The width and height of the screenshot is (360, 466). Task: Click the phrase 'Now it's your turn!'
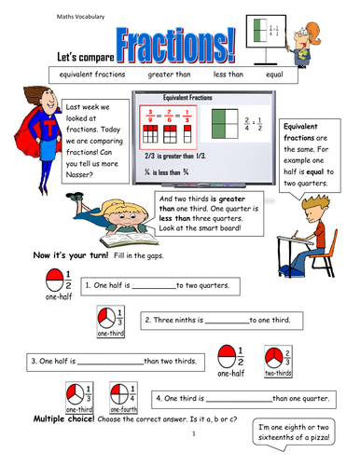click(73, 255)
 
